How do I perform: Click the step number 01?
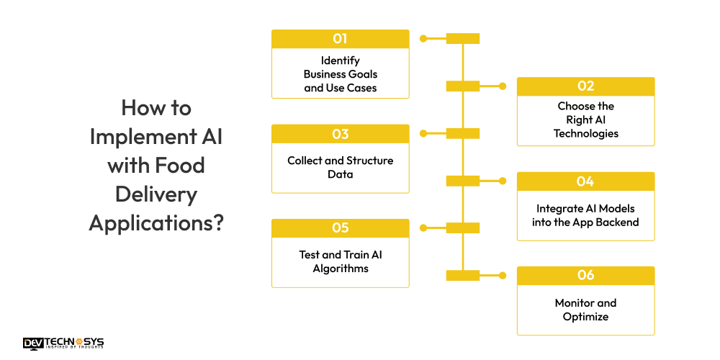(340, 39)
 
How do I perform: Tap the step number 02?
(585, 86)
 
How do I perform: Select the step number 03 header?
(340, 134)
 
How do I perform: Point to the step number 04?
(585, 181)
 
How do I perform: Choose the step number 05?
(340, 228)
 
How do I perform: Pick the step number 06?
(585, 276)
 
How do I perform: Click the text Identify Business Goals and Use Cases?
(340, 74)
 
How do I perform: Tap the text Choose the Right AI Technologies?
(585, 120)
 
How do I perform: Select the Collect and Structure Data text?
(340, 167)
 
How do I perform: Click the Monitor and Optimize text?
(585, 310)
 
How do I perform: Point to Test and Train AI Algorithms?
(340, 261)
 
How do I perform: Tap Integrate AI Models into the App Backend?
(585, 215)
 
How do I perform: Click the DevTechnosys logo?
(63, 343)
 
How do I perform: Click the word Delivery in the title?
(156, 194)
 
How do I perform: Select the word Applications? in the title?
(156, 222)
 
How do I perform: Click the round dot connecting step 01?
(423, 39)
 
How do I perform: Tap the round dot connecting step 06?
(503, 276)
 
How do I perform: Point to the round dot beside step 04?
(503, 181)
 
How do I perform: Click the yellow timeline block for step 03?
(462, 133)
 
